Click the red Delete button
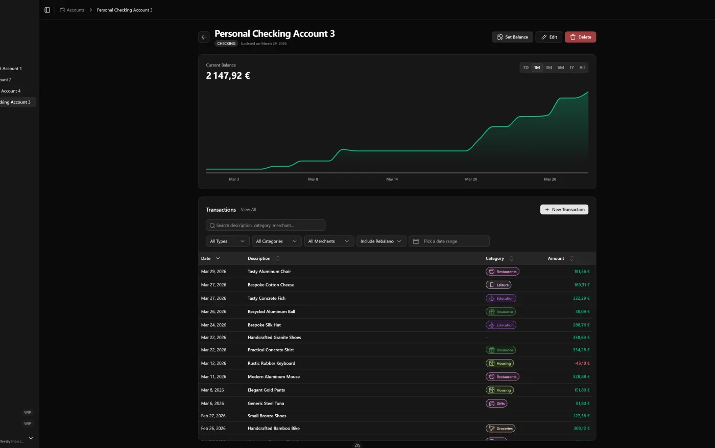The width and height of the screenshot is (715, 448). click(580, 37)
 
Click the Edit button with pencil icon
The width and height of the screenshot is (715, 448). click(549, 37)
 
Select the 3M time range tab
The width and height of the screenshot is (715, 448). click(549, 68)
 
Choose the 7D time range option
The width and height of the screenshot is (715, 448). click(526, 68)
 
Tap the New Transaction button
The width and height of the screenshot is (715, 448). click(564, 210)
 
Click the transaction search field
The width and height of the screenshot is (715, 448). click(266, 226)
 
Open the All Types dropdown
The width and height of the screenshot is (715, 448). click(227, 241)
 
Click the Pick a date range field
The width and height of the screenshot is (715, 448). click(449, 241)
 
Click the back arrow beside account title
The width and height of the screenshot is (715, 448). click(204, 37)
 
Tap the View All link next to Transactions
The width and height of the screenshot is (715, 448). click(248, 210)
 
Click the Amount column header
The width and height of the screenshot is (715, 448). click(556, 259)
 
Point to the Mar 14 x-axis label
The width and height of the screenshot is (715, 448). click(392, 180)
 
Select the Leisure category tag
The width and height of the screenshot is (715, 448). click(498, 285)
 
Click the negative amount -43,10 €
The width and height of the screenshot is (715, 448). click(582, 364)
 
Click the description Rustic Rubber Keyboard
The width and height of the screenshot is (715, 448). click(271, 364)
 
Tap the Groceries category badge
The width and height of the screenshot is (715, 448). click(500, 429)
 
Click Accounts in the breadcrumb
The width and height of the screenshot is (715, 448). click(75, 10)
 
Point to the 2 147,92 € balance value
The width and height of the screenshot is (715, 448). click(228, 76)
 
